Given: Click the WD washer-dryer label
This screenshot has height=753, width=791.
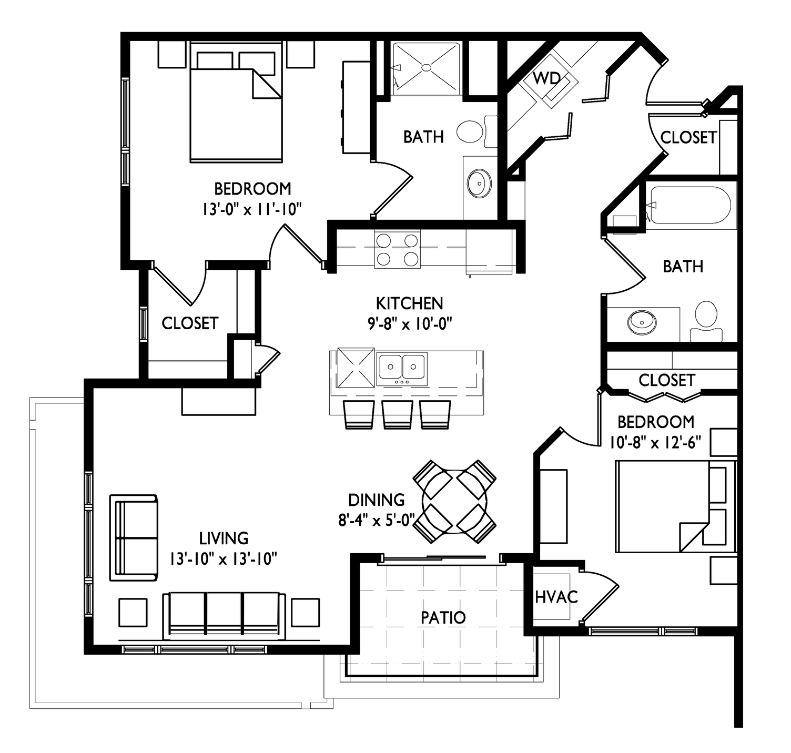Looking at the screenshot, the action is coord(546,78).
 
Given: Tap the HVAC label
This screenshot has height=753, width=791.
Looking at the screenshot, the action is coord(556,597).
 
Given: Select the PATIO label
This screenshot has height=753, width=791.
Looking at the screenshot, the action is coord(443,617).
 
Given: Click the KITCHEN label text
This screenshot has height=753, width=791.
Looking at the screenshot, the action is coord(409,304).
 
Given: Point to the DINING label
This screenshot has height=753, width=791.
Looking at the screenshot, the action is coord(376,500).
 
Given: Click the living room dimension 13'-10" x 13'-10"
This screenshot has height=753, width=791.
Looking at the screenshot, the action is coord(224,559).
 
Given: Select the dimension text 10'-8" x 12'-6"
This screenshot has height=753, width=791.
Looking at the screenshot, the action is coord(655,443).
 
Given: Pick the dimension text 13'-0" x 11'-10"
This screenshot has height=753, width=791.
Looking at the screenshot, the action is coord(252,209).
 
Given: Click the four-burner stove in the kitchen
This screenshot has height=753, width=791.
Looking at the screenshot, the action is coord(397,249).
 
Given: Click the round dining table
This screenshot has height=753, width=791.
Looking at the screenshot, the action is coord(454,502).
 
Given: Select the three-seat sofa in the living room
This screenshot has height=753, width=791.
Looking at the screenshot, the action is coord(224,615).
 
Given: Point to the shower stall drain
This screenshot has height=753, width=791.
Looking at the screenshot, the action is coord(426,68).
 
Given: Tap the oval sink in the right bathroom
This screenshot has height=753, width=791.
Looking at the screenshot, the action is coord(642,322).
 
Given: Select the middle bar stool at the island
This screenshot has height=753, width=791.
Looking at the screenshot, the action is coord(398,415).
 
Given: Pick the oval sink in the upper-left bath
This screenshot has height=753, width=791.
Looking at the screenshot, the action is coord(479,184).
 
